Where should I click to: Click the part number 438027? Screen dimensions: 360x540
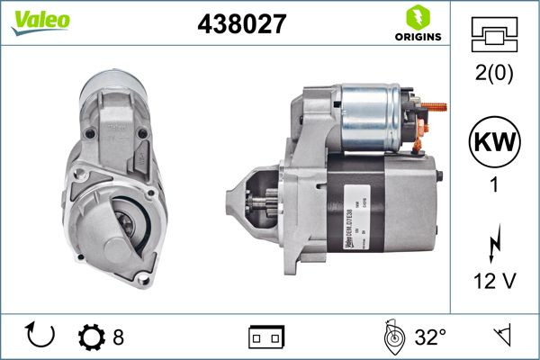(x=236, y=25)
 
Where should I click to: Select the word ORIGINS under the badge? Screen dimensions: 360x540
(x=417, y=37)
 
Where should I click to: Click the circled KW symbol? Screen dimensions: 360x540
(x=493, y=143)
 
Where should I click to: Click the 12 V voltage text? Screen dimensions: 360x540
(x=493, y=282)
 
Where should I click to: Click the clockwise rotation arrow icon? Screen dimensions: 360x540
(x=41, y=337)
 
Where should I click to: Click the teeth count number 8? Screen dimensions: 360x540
(x=118, y=338)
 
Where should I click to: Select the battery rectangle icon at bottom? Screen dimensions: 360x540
(x=266, y=337)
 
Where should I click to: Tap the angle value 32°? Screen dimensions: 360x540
(x=430, y=338)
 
